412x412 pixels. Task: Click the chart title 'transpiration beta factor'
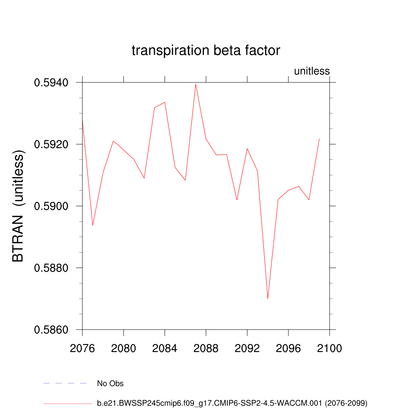pos(206,51)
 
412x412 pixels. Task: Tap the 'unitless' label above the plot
pos(312,71)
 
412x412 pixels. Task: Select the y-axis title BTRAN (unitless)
pos(19,206)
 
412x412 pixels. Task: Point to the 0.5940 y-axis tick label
pos(51,82)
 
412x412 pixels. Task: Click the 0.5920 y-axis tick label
pos(51,144)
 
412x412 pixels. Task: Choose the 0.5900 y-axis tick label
pos(51,206)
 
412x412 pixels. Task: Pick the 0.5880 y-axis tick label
pos(51,268)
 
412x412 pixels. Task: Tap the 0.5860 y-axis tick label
pos(51,330)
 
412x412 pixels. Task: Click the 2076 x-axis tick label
pos(82,348)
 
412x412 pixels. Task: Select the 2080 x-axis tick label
pos(124,348)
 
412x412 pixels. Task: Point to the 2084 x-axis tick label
pos(165,348)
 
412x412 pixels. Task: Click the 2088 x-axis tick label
pos(206,348)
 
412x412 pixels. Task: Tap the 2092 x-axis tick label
pos(247,348)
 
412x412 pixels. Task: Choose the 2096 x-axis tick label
pos(288,348)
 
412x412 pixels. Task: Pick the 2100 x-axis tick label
pos(330,348)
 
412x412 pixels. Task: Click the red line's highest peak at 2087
pos(196,84)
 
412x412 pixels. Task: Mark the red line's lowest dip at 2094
pos(268,299)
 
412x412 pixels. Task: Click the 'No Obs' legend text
pos(110,383)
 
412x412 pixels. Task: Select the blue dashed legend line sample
pos(65,383)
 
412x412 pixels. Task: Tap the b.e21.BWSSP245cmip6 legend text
pos(232,403)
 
